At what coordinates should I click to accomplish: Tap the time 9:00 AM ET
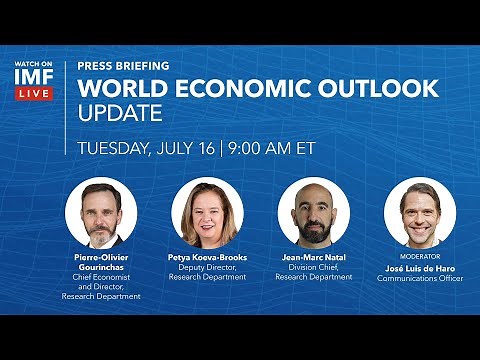point(272,146)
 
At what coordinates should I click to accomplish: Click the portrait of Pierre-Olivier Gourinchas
point(101,213)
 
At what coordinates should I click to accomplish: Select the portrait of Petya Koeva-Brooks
point(207,213)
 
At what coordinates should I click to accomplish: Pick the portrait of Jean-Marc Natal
point(312,213)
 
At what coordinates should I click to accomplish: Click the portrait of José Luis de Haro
point(419,213)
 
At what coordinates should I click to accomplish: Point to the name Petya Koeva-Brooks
point(207,257)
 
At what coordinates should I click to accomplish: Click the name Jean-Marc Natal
point(312,257)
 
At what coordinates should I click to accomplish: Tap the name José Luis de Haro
point(419,268)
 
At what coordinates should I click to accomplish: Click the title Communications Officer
point(419,279)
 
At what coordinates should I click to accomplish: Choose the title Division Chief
point(312,267)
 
